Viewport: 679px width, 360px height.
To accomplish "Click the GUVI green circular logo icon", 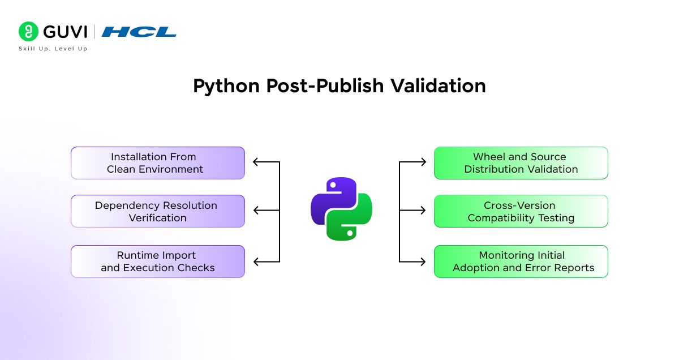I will tap(28, 32).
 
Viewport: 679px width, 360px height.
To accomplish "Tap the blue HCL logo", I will tap(139, 32).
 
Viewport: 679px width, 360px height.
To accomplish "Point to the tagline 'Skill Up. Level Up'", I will tap(53, 49).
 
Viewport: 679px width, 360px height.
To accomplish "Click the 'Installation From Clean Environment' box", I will tap(157, 163).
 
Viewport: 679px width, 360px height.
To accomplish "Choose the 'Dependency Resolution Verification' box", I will tap(157, 211).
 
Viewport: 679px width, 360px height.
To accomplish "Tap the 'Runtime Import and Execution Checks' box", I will tap(157, 262).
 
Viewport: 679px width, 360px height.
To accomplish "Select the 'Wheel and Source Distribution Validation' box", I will tap(521, 163).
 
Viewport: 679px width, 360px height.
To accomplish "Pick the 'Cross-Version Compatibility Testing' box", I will tap(521, 211).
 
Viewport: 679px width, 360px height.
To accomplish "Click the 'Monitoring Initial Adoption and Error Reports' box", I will tap(521, 262).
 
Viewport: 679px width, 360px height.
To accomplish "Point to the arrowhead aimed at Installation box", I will tap(256, 162).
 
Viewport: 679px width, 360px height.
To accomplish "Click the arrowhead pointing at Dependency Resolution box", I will tap(256, 211).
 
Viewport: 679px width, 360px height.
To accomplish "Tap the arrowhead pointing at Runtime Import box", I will tap(256, 262).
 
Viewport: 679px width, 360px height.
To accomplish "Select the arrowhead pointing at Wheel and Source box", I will tap(423, 162).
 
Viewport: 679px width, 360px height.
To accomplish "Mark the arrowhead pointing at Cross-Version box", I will tap(423, 211).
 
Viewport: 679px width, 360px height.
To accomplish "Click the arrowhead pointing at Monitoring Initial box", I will tap(423, 262).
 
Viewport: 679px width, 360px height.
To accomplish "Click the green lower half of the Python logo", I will tap(351, 224).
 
